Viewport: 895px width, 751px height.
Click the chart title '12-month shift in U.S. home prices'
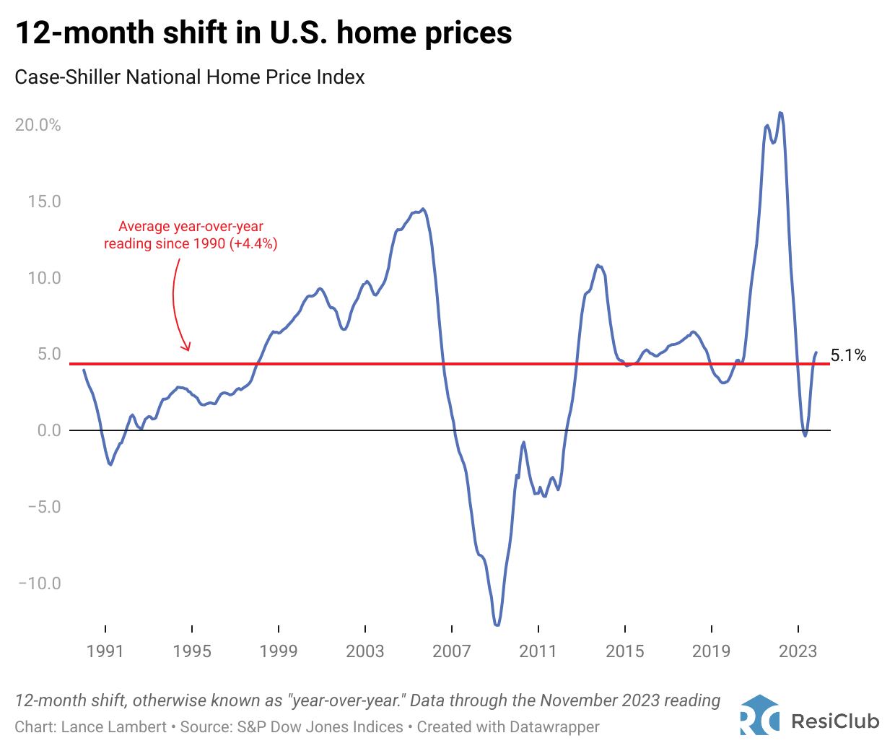click(263, 32)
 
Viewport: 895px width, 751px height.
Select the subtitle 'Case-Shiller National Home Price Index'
click(190, 77)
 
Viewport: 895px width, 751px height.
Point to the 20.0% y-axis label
click(38, 125)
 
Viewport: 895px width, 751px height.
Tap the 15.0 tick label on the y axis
click(44, 201)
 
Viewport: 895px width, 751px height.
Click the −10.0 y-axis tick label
click(40, 583)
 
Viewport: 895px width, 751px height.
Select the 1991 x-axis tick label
click(105, 651)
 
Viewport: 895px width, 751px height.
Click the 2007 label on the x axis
click(452, 651)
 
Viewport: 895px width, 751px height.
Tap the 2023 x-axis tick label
click(798, 651)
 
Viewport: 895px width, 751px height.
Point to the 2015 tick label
click(625, 651)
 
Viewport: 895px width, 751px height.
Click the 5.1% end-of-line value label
click(848, 355)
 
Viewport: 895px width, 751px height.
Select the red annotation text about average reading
click(191, 235)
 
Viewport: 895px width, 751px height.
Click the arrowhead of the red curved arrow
click(188, 348)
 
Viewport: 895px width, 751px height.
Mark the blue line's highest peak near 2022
click(780, 113)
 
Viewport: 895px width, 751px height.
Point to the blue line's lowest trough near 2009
click(497, 625)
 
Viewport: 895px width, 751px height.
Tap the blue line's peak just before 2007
click(423, 209)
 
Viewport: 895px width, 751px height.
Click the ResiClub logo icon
click(759, 715)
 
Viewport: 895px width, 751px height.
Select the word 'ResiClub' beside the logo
click(835, 721)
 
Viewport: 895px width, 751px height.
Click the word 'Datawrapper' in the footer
click(554, 726)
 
